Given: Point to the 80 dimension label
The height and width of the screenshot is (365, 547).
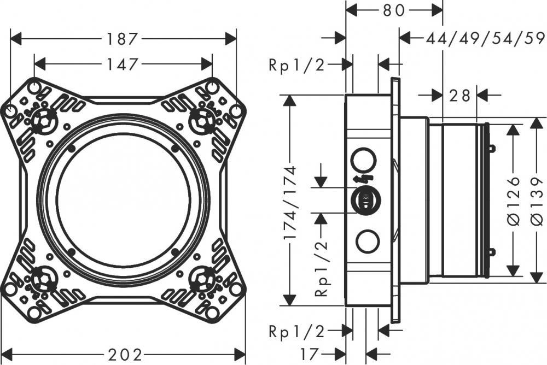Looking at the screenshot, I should pos(394,9).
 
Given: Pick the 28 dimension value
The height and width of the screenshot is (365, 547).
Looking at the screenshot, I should pos(459,95).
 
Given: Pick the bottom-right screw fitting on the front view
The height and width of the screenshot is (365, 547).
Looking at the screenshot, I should pos(203,279).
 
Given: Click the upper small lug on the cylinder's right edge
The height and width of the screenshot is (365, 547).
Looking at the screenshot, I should pos(491,148).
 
